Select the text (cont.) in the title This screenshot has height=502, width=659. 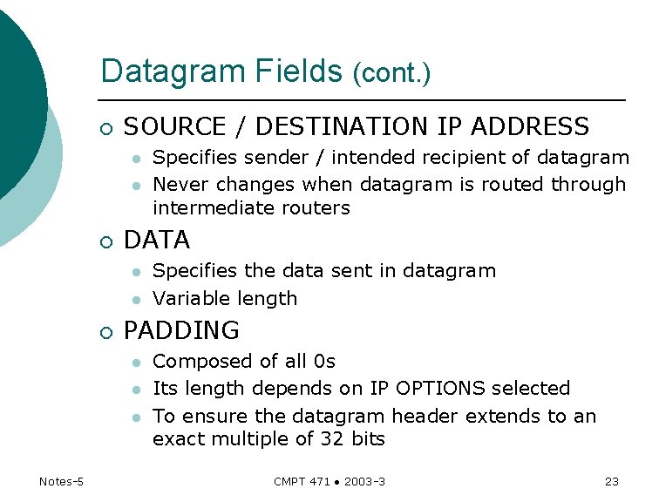391,74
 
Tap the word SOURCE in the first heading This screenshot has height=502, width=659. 174,127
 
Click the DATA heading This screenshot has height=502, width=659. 157,240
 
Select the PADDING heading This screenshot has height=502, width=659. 181,331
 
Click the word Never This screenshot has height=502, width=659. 180,184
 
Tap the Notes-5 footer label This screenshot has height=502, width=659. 61,482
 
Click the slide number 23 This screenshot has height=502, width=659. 611,482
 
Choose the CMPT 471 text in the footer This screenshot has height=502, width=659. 302,482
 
